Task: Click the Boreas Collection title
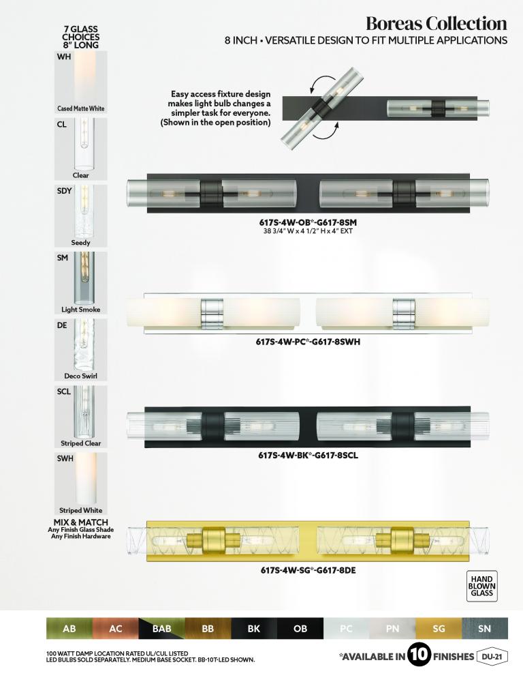[x=436, y=23]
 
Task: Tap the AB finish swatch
[x=69, y=629]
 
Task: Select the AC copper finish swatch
[x=116, y=629]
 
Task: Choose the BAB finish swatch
[x=161, y=629]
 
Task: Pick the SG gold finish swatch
[x=439, y=629]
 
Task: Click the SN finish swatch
[x=485, y=629]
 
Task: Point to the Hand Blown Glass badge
[x=481, y=586]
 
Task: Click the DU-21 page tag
[x=492, y=656]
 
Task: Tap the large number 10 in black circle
[x=419, y=655]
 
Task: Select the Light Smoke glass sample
[x=81, y=283]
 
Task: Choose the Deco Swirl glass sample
[x=81, y=350]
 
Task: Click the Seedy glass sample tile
[x=81, y=216]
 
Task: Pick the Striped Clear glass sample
[x=81, y=417]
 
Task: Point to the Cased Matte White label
[x=81, y=108]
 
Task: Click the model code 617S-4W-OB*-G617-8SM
[x=308, y=223]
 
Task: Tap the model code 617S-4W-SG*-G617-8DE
[x=308, y=569]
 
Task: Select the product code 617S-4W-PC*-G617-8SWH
[x=308, y=342]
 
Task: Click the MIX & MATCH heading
[x=81, y=522]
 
